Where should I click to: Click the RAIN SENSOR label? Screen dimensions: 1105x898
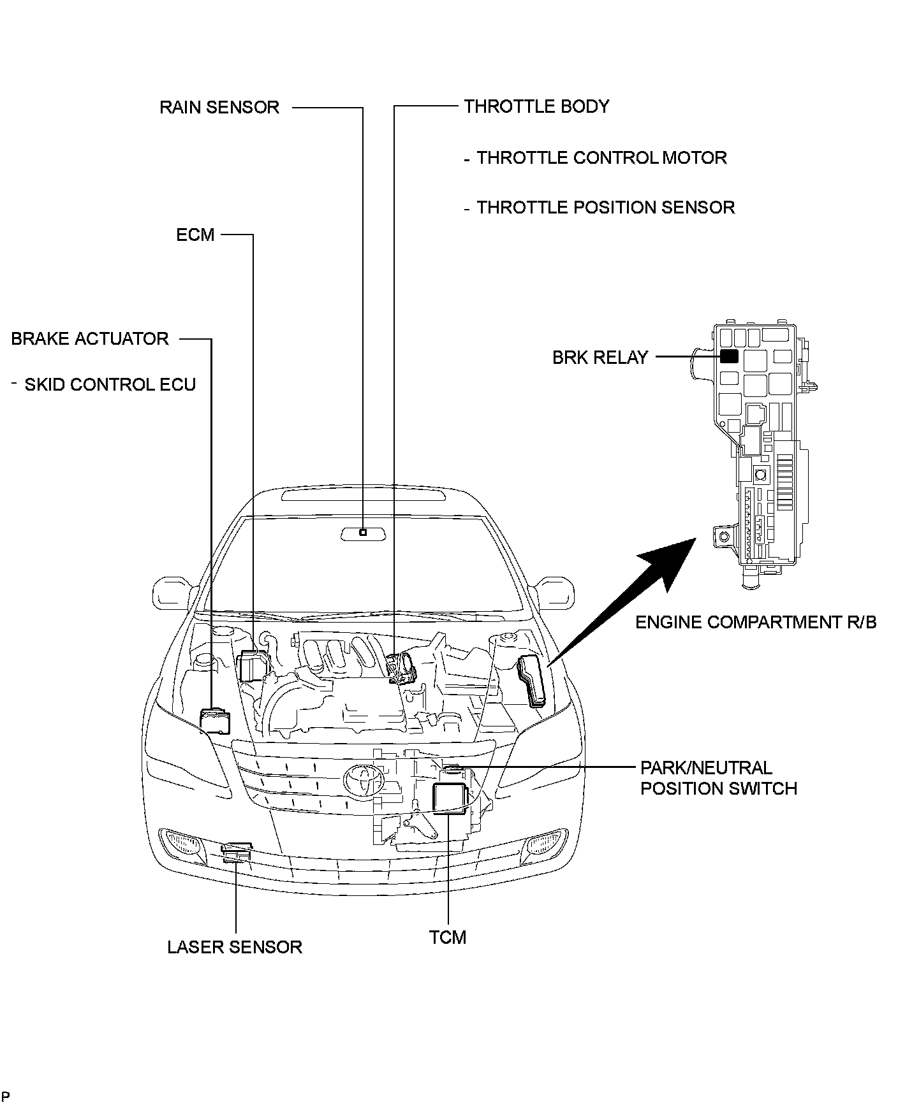(219, 107)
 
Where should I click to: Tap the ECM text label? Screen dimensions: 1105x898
(195, 235)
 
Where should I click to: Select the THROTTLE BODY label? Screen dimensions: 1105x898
(536, 106)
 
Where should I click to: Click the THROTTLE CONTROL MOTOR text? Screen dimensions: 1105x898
(601, 157)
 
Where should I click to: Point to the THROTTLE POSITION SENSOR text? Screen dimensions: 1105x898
(605, 208)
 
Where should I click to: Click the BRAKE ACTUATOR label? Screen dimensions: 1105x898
(90, 338)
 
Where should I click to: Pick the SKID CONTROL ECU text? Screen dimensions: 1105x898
(110, 385)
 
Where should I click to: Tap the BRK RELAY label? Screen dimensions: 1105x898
(600, 357)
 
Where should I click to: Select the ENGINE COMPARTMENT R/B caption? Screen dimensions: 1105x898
(756, 622)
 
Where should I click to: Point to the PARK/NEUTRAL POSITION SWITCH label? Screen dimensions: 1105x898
(718, 778)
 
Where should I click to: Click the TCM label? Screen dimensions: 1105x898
(448, 937)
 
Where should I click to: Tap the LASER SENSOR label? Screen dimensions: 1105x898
(235, 947)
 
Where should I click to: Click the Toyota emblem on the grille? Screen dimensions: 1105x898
(362, 779)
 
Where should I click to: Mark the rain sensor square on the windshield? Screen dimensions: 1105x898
(363, 532)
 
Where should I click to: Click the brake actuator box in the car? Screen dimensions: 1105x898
(214, 720)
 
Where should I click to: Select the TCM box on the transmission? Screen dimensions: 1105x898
(450, 799)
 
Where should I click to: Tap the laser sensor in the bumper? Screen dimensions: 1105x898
(236, 851)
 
